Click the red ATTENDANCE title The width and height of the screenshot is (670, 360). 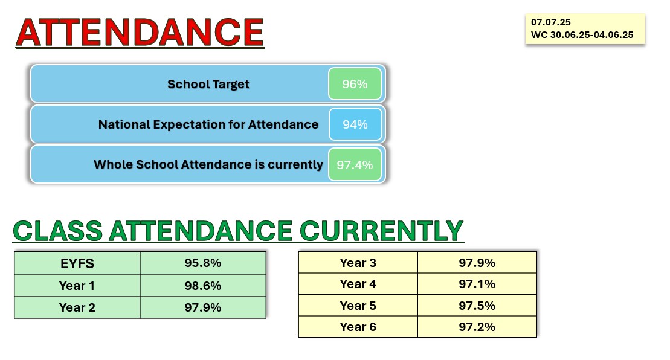pyautogui.click(x=140, y=33)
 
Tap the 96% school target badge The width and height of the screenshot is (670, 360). pyautogui.click(x=355, y=84)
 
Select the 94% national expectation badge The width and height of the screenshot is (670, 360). pyautogui.click(x=355, y=124)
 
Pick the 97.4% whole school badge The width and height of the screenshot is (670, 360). pyautogui.click(x=355, y=164)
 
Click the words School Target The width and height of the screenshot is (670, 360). pyautogui.click(x=208, y=84)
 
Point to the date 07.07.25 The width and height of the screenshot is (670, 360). pyautogui.click(x=551, y=22)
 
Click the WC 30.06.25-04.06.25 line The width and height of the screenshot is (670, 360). pyautogui.click(x=582, y=35)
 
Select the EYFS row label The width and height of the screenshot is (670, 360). pyautogui.click(x=77, y=263)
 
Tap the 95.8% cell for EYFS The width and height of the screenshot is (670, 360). pyautogui.click(x=203, y=263)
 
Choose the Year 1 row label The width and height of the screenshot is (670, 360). pyautogui.click(x=77, y=286)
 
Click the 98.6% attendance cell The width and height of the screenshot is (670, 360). pyautogui.click(x=203, y=286)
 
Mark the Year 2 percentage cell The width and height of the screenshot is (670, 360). pyautogui.click(x=203, y=307)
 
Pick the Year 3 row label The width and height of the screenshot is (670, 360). pyautogui.click(x=358, y=263)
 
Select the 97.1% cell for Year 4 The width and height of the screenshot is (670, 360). pyautogui.click(x=477, y=284)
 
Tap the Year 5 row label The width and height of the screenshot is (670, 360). pyautogui.click(x=358, y=306)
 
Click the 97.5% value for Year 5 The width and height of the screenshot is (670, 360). pyautogui.click(x=477, y=306)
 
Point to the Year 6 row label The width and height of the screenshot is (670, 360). pyautogui.click(x=358, y=327)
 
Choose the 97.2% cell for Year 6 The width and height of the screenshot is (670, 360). pyautogui.click(x=477, y=327)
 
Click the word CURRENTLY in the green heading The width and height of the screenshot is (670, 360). pyautogui.click(x=382, y=231)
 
